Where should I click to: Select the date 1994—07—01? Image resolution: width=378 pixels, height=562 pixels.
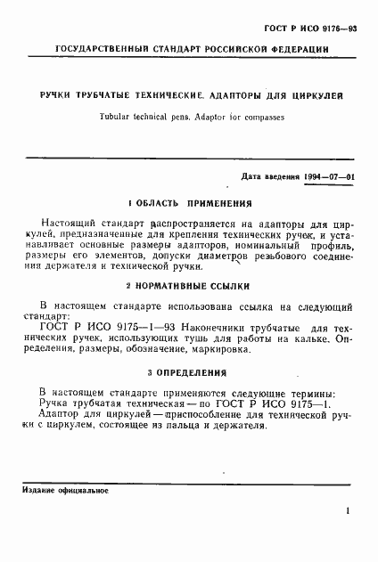326,176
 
